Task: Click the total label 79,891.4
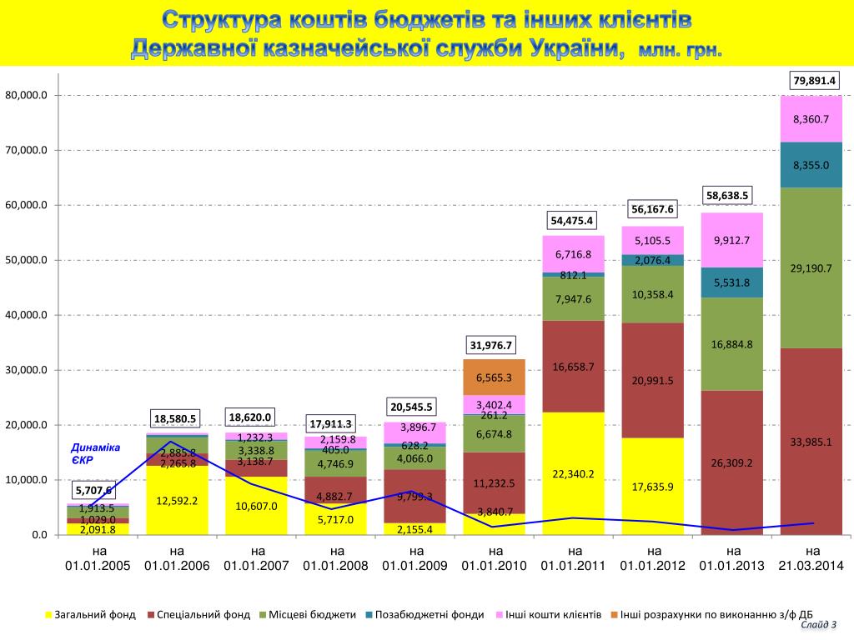pyautogui.click(x=814, y=81)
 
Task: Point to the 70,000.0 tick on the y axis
pyautogui.click(x=27, y=151)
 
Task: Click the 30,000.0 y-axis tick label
pyautogui.click(x=27, y=371)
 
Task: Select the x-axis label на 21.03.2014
pyautogui.click(x=813, y=558)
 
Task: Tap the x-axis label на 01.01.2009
pyautogui.click(x=415, y=558)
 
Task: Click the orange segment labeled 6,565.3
pyautogui.click(x=495, y=377)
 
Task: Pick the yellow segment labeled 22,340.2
pyautogui.click(x=574, y=473)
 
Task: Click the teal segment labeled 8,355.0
pyautogui.click(x=811, y=165)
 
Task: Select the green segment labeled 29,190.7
pyautogui.click(x=811, y=268)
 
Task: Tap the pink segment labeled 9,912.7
pyautogui.click(x=732, y=240)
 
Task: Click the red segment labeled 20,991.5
pyautogui.click(x=653, y=380)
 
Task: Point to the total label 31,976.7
pyautogui.click(x=492, y=345)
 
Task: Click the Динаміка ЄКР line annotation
pyautogui.click(x=95, y=453)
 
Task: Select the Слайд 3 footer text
pyautogui.click(x=818, y=624)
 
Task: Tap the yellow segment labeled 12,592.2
pyautogui.click(x=177, y=501)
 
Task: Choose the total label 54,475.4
pyautogui.click(x=571, y=221)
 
